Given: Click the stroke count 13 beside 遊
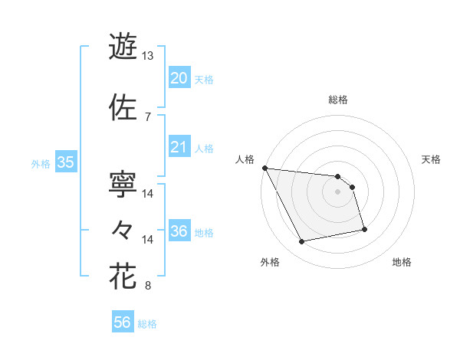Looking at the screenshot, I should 148,56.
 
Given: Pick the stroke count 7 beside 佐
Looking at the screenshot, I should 148,116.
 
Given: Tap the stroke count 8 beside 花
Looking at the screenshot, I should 148,286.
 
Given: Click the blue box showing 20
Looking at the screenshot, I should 179,77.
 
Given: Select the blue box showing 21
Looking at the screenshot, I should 179,147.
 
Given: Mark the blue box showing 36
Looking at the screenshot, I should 179,231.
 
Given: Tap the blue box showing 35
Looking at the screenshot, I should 65,162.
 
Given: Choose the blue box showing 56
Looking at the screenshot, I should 123,322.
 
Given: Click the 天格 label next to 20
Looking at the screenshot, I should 204,79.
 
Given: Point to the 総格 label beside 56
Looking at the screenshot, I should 148,324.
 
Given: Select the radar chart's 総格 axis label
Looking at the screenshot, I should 338,100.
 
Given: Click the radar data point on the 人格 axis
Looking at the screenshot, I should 264,168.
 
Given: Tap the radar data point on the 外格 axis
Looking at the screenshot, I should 301,242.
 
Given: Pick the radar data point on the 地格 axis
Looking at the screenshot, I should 364,229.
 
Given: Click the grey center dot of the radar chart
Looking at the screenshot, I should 338,191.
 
